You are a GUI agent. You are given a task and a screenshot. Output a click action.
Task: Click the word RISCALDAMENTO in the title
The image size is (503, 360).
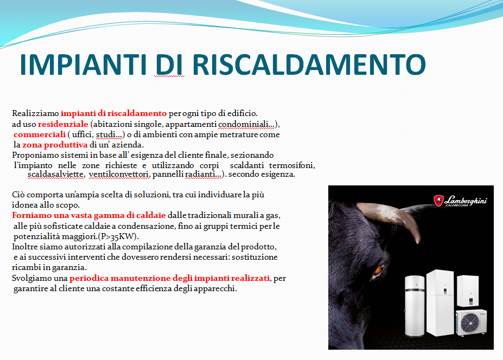point(309,65)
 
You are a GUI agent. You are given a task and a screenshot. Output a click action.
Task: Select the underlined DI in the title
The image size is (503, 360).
point(169,65)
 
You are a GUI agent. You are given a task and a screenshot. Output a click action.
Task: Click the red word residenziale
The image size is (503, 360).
point(63,124)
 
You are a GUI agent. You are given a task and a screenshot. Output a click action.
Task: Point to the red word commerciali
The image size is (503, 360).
point(40,134)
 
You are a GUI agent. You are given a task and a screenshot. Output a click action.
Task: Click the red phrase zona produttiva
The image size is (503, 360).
point(55,145)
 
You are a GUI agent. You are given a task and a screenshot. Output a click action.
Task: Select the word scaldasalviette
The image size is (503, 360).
point(56,174)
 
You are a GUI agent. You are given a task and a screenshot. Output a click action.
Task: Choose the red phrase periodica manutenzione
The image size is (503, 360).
point(120,278)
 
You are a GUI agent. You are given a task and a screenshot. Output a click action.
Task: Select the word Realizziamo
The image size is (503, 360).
point(35,113)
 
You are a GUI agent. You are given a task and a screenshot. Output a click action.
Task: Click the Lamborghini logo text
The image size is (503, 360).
point(466,201)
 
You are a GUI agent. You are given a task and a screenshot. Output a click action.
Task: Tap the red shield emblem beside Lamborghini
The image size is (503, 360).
point(438,201)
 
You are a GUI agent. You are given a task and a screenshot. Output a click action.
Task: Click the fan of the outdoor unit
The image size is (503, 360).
point(470,323)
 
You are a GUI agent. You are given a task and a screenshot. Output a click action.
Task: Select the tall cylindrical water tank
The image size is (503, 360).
point(415,306)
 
